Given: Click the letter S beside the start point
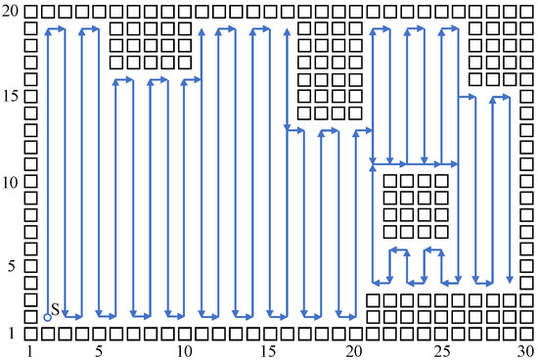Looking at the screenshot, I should coord(56,309).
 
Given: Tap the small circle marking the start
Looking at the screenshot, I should coord(47,317).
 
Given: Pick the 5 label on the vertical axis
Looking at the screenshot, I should coord(12,266).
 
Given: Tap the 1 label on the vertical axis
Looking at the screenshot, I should coord(12,334).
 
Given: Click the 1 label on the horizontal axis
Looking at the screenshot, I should coord(30,350).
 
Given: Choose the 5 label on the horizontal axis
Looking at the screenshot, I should coord(98,350).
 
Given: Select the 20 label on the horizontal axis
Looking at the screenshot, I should coord(353,350).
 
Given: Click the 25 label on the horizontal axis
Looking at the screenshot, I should coord(438,350).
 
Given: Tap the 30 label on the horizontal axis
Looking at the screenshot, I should coord(523,350).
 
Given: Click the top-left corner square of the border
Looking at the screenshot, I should coord(30,11).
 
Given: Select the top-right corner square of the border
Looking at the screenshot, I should coord(525,11).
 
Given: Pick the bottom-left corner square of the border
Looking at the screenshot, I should coord(30,334).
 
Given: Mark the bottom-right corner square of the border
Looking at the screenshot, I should coord(525,334).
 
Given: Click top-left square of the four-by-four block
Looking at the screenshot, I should coord(389,181).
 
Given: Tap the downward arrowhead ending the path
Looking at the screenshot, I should coord(509,279).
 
